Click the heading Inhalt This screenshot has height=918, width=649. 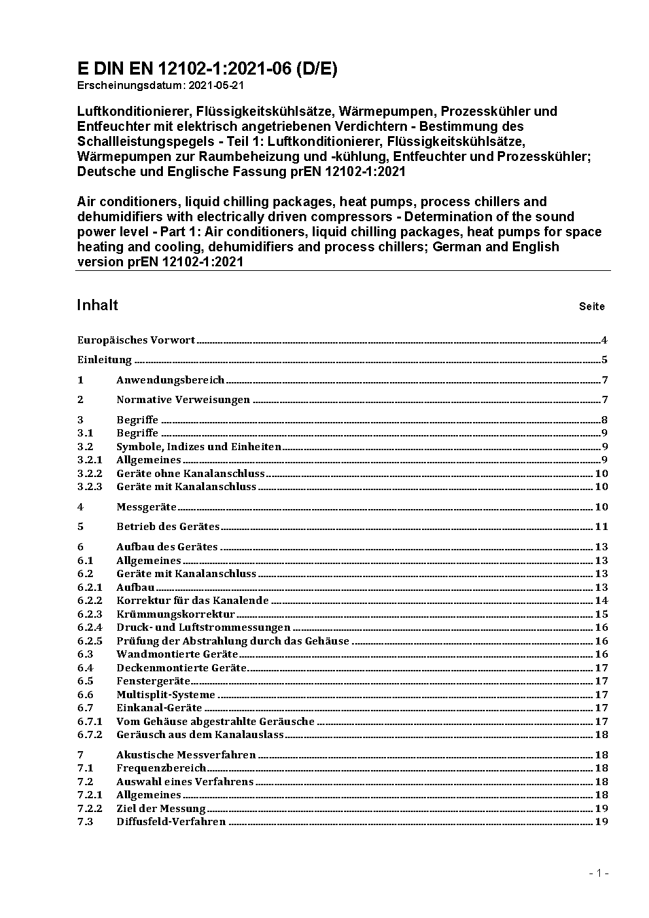97,305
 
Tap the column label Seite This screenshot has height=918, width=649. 591,306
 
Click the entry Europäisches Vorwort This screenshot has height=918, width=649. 136,340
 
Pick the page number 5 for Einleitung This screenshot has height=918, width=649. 605,359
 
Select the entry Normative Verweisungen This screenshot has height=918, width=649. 183,399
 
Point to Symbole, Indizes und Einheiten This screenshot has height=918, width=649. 199,447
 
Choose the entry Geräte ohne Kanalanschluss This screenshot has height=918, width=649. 190,473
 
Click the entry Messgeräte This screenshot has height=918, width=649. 147,506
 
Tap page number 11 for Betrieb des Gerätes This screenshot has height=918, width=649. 601,526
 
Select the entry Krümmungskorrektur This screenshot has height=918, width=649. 175,614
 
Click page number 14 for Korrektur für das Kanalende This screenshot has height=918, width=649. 601,600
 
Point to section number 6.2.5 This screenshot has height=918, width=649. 90,641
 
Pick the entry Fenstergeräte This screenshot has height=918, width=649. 153,680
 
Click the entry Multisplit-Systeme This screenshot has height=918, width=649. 166,694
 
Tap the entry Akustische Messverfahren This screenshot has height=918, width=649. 186,754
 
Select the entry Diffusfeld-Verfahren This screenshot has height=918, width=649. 171,821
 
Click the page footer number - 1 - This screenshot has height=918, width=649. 599,873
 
